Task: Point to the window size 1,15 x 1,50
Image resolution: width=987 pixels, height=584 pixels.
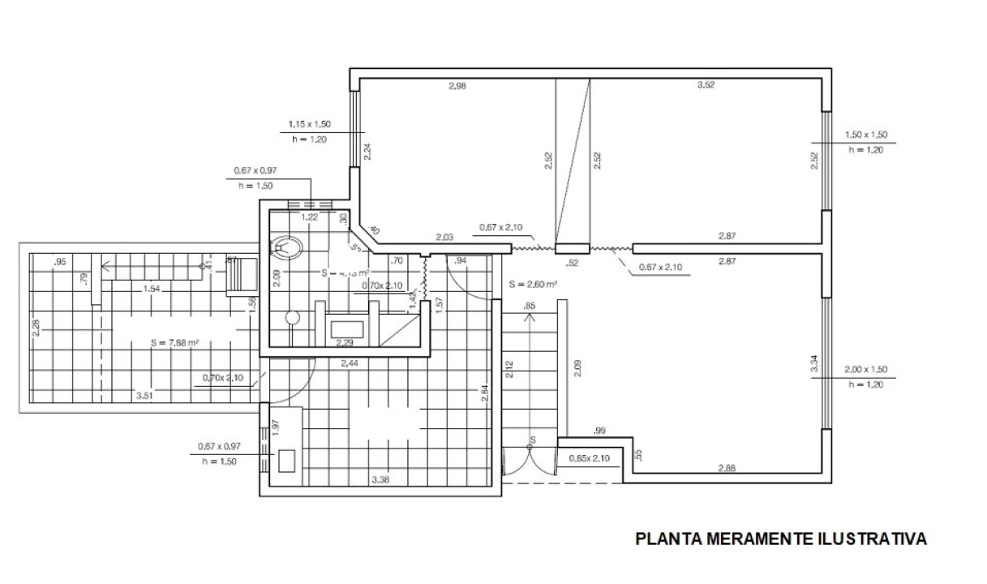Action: click(309, 125)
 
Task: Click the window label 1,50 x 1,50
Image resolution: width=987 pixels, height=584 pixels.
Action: click(866, 135)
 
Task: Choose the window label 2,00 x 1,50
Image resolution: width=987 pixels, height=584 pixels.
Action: click(865, 370)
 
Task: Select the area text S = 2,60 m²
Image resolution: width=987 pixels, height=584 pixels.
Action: click(533, 285)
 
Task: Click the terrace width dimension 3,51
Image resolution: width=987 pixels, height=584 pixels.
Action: click(146, 395)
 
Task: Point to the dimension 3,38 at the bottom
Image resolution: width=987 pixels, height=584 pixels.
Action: click(380, 479)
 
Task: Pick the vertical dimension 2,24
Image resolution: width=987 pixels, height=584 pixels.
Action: click(367, 152)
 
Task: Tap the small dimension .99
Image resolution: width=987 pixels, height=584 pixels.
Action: click(600, 430)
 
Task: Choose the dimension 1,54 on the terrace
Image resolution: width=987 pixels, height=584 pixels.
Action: click(151, 289)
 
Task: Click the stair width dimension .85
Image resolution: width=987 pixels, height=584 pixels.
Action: click(530, 306)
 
